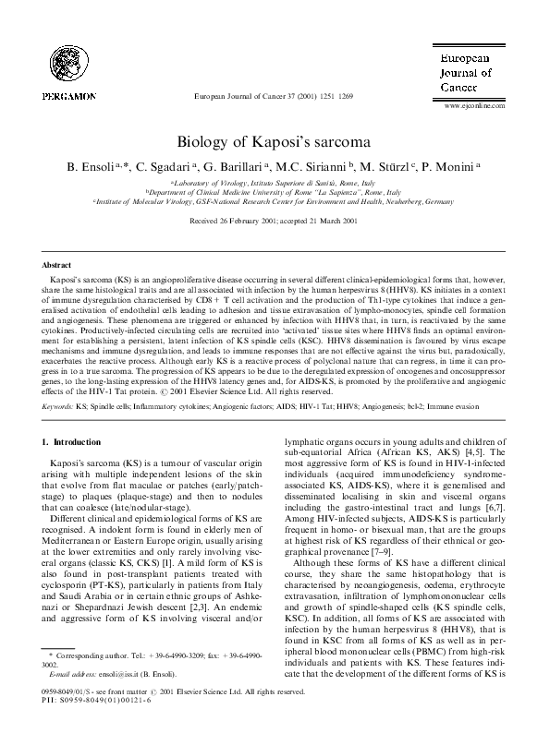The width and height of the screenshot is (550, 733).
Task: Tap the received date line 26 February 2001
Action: pos(274,222)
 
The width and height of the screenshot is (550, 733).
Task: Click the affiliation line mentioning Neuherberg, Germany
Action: pos(274,200)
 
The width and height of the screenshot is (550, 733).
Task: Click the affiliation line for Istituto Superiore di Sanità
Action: pos(274,183)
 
